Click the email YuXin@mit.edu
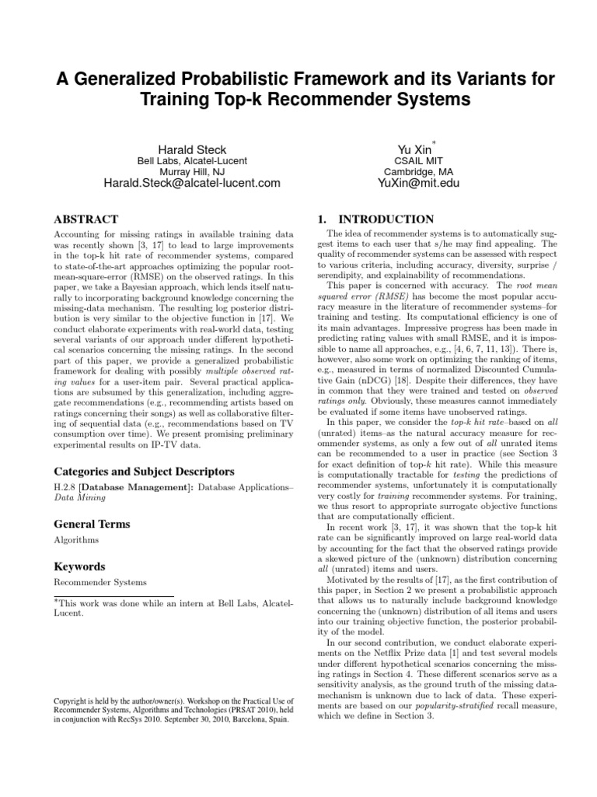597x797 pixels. point(414,184)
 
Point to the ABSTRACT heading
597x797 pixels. point(86,219)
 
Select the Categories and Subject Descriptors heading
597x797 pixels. point(145,471)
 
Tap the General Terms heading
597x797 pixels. point(91,524)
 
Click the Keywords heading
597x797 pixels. point(79,567)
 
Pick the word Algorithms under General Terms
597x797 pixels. point(75,539)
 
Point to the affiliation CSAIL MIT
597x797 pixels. point(414,161)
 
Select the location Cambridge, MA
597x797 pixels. point(414,172)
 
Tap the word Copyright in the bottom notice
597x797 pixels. point(72,702)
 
